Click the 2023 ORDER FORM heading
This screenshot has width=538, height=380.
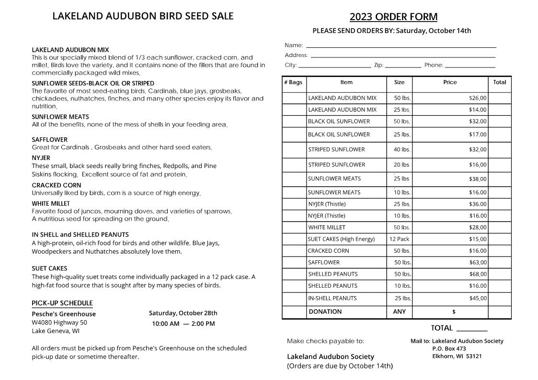(x=393, y=17)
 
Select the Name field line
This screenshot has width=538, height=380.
(x=401, y=46)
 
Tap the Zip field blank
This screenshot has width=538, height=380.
(x=403, y=66)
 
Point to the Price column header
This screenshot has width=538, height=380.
(x=450, y=82)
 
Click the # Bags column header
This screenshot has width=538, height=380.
(x=293, y=82)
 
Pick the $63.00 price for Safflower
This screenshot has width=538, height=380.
(x=478, y=262)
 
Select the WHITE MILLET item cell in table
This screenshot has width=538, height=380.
(x=327, y=227)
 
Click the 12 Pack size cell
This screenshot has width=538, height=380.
(x=399, y=239)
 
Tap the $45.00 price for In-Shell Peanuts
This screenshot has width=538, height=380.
(x=478, y=298)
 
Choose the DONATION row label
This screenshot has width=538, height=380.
(x=325, y=312)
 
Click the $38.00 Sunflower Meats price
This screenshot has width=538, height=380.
(x=478, y=179)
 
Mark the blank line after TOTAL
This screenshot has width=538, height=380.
(x=472, y=329)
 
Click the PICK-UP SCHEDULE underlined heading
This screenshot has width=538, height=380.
(x=62, y=303)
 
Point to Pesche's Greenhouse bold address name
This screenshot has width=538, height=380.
(x=64, y=314)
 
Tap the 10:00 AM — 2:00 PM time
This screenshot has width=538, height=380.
(x=183, y=324)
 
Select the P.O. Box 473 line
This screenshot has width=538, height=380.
(x=449, y=349)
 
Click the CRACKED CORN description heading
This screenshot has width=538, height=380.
(x=57, y=185)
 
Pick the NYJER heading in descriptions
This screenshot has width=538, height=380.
(x=41, y=157)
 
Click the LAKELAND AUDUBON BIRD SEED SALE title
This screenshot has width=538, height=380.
(x=143, y=16)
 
